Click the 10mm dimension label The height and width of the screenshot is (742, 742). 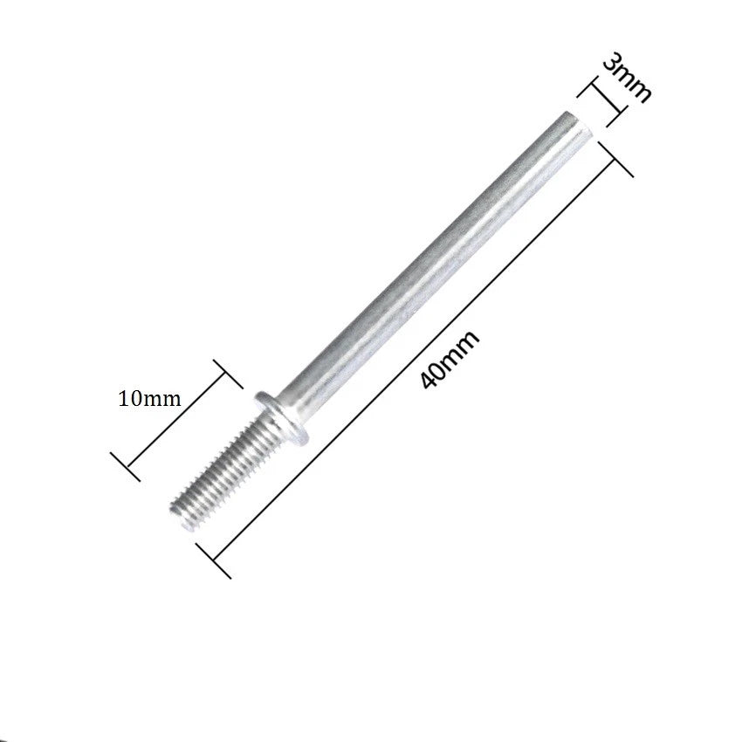pyautogui.click(x=149, y=398)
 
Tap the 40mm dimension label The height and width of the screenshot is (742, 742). pyautogui.click(x=450, y=360)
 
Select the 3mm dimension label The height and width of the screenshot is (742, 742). pyautogui.click(x=627, y=80)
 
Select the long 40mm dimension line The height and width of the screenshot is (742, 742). pyautogui.click(x=415, y=361)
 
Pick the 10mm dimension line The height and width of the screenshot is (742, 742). pyautogui.click(x=176, y=421)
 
